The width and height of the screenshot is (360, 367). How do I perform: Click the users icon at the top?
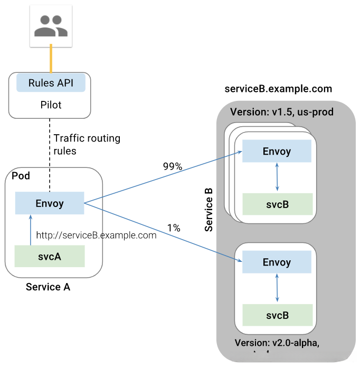tap(51, 25)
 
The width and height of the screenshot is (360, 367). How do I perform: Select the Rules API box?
tap(51, 82)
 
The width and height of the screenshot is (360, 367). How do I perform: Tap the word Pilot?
tap(51, 105)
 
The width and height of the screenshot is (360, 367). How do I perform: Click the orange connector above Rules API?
tap(51, 59)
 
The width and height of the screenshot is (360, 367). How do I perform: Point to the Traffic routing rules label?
tap(87, 145)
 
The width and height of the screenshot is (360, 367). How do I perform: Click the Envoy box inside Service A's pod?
tap(50, 203)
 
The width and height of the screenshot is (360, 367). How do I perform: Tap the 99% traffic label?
tap(172, 166)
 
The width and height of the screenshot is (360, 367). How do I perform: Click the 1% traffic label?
tap(174, 228)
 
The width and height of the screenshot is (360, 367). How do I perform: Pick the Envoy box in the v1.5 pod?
tap(277, 152)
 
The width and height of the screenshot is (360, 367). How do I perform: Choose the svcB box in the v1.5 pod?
tap(277, 204)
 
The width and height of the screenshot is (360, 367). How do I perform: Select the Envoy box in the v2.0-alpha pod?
tap(277, 262)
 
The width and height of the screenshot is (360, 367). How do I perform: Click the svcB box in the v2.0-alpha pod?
tap(277, 315)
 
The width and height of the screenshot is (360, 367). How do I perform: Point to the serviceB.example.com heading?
tap(278, 88)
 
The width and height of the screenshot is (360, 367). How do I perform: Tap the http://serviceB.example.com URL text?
tap(96, 236)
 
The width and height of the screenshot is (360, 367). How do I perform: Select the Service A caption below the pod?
tap(48, 287)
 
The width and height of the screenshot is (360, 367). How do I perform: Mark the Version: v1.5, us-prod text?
tap(282, 112)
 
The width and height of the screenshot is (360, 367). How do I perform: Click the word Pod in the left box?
tap(21, 175)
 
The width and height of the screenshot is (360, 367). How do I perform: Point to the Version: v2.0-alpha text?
tap(277, 342)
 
